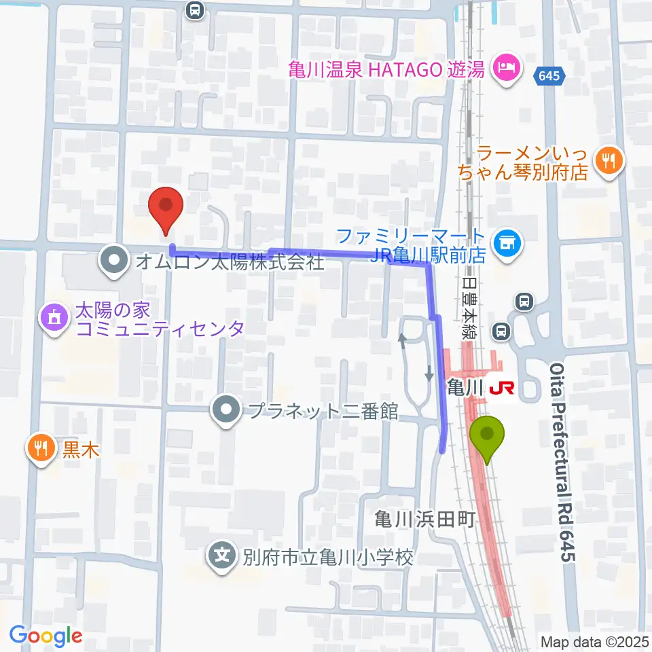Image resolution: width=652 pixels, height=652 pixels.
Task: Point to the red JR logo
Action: click(x=501, y=388)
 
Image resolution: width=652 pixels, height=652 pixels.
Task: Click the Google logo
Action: click(x=46, y=636)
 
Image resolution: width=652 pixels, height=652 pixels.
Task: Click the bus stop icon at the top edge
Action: click(x=195, y=10)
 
